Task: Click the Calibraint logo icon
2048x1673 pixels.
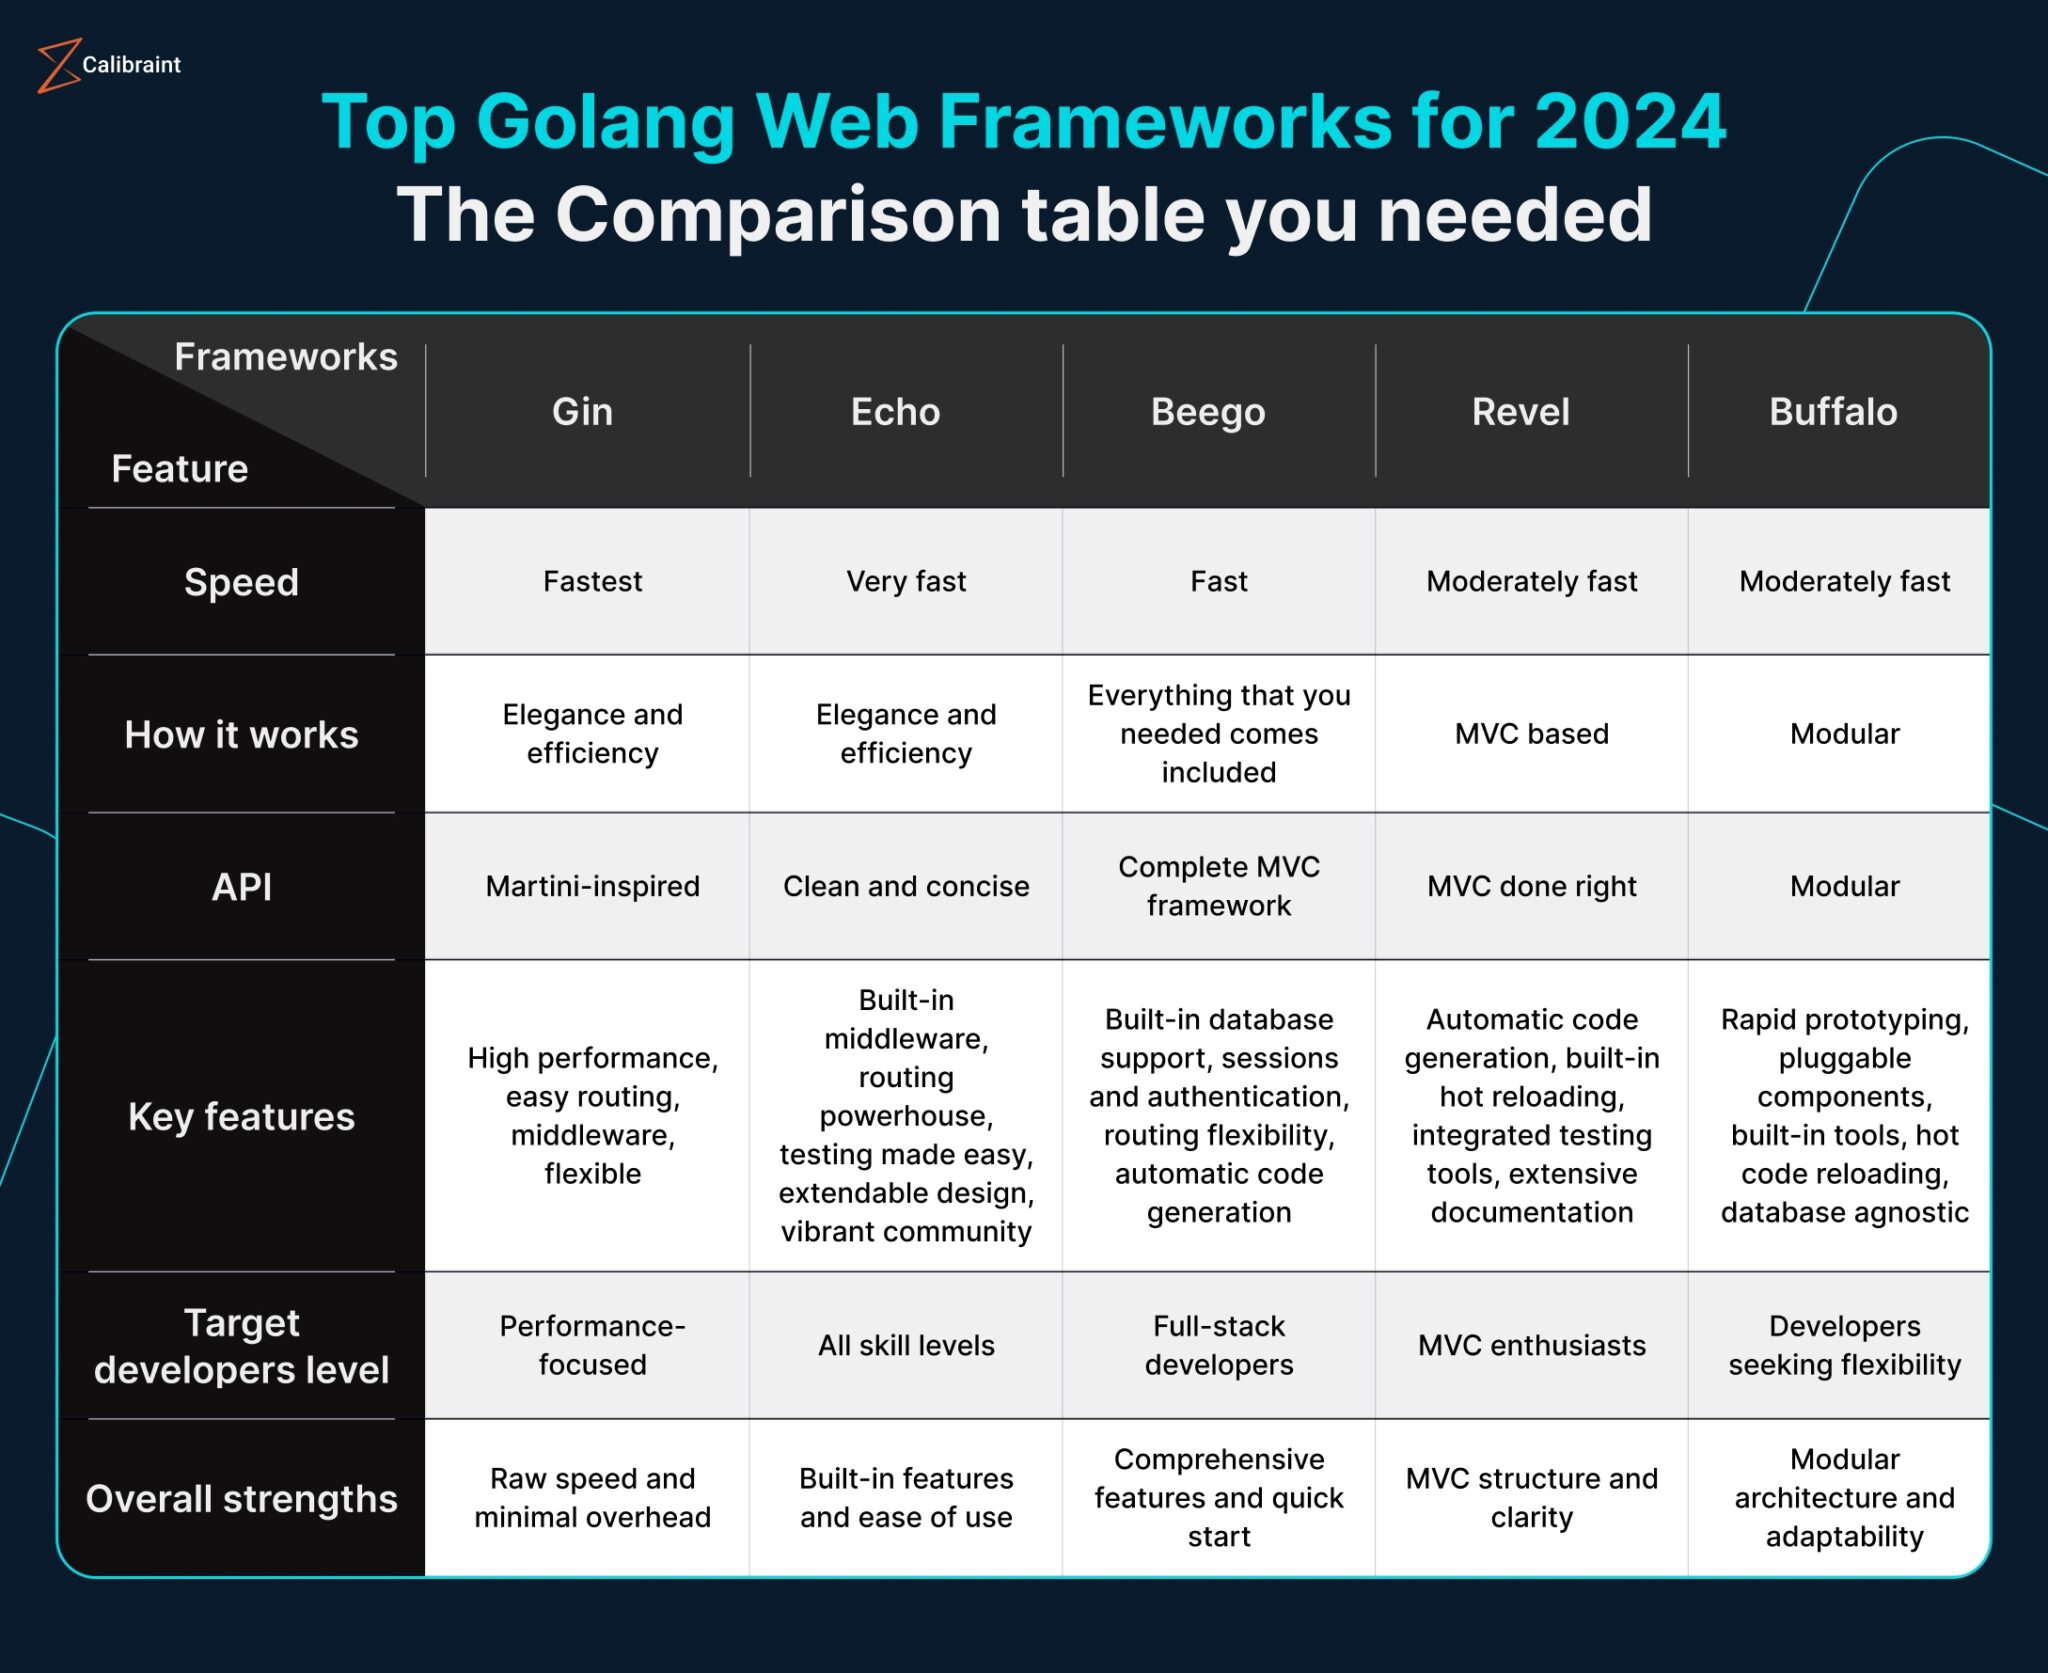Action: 58,66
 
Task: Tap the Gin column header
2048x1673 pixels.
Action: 582,412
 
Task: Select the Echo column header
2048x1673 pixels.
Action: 895,412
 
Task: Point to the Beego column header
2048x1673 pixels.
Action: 1208,412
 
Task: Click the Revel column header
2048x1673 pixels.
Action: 1520,412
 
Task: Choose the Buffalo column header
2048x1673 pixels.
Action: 1833,412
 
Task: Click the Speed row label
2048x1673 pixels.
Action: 241,582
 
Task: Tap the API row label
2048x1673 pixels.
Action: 241,887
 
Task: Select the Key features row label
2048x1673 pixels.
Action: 241,1116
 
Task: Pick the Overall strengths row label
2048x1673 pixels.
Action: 241,1499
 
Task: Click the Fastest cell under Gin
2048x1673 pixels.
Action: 592,581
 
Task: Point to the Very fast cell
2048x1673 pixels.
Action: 906,581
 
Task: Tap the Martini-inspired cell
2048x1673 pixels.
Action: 592,886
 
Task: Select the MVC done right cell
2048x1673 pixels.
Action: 1531,886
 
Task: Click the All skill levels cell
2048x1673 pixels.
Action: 906,1345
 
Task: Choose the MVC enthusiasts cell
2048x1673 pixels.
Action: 1531,1345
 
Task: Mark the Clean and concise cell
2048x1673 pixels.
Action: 906,886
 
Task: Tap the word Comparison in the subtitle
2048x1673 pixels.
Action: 778,214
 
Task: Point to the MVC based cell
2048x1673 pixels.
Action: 1531,734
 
